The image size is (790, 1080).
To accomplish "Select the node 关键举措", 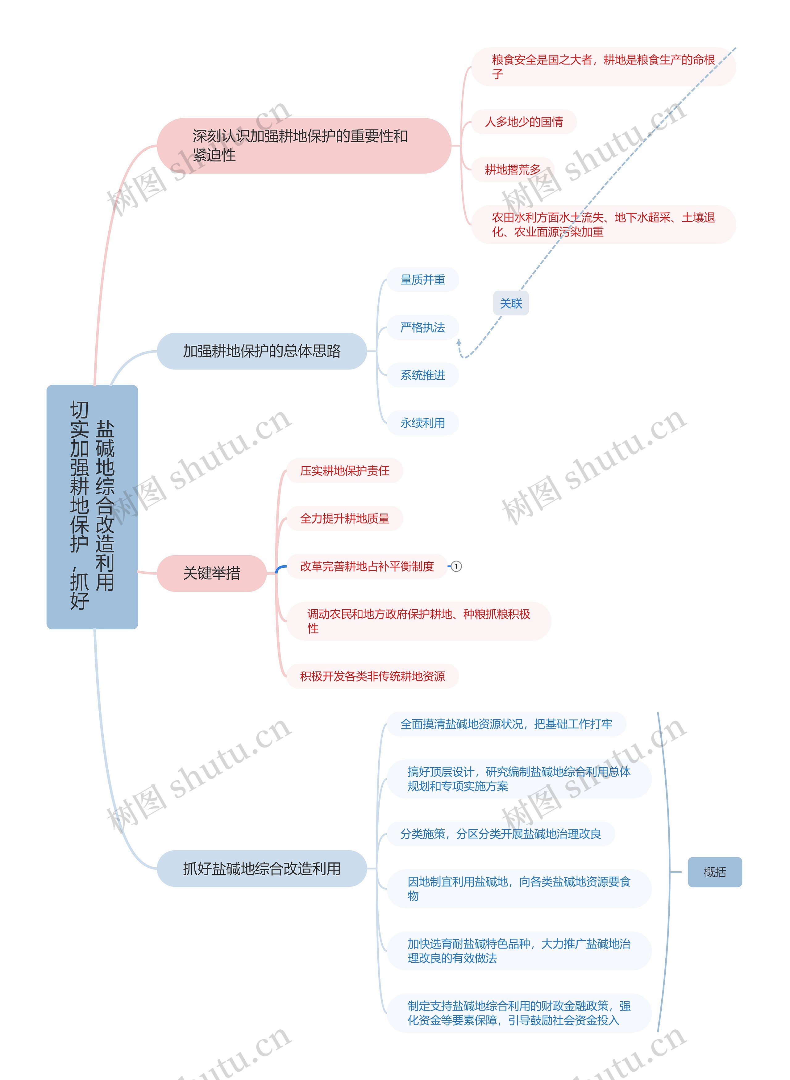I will [211, 573].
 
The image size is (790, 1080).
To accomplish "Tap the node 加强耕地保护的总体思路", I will [262, 351].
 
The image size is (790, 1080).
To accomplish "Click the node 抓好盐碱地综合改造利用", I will [262, 869].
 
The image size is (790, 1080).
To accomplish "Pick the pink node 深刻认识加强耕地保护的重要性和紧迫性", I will [304, 145].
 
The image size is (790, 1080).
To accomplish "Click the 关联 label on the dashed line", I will [511, 303].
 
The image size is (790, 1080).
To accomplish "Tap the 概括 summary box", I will [714, 872].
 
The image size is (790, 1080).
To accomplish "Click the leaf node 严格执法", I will [423, 327].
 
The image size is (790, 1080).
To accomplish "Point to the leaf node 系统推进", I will [423, 375].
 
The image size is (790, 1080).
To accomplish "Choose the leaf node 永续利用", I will [423, 423].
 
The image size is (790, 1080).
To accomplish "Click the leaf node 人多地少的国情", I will [524, 122].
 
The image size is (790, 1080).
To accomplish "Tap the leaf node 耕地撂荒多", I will [513, 170].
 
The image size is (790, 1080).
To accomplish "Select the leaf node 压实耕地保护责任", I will [344, 471].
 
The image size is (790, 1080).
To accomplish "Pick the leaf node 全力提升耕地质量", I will [344, 519].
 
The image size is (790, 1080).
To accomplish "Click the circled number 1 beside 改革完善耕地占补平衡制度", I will [456, 566].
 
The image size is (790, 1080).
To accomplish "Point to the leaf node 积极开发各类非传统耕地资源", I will [372, 676].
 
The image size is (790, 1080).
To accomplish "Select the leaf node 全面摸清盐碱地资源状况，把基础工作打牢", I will [506, 724].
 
